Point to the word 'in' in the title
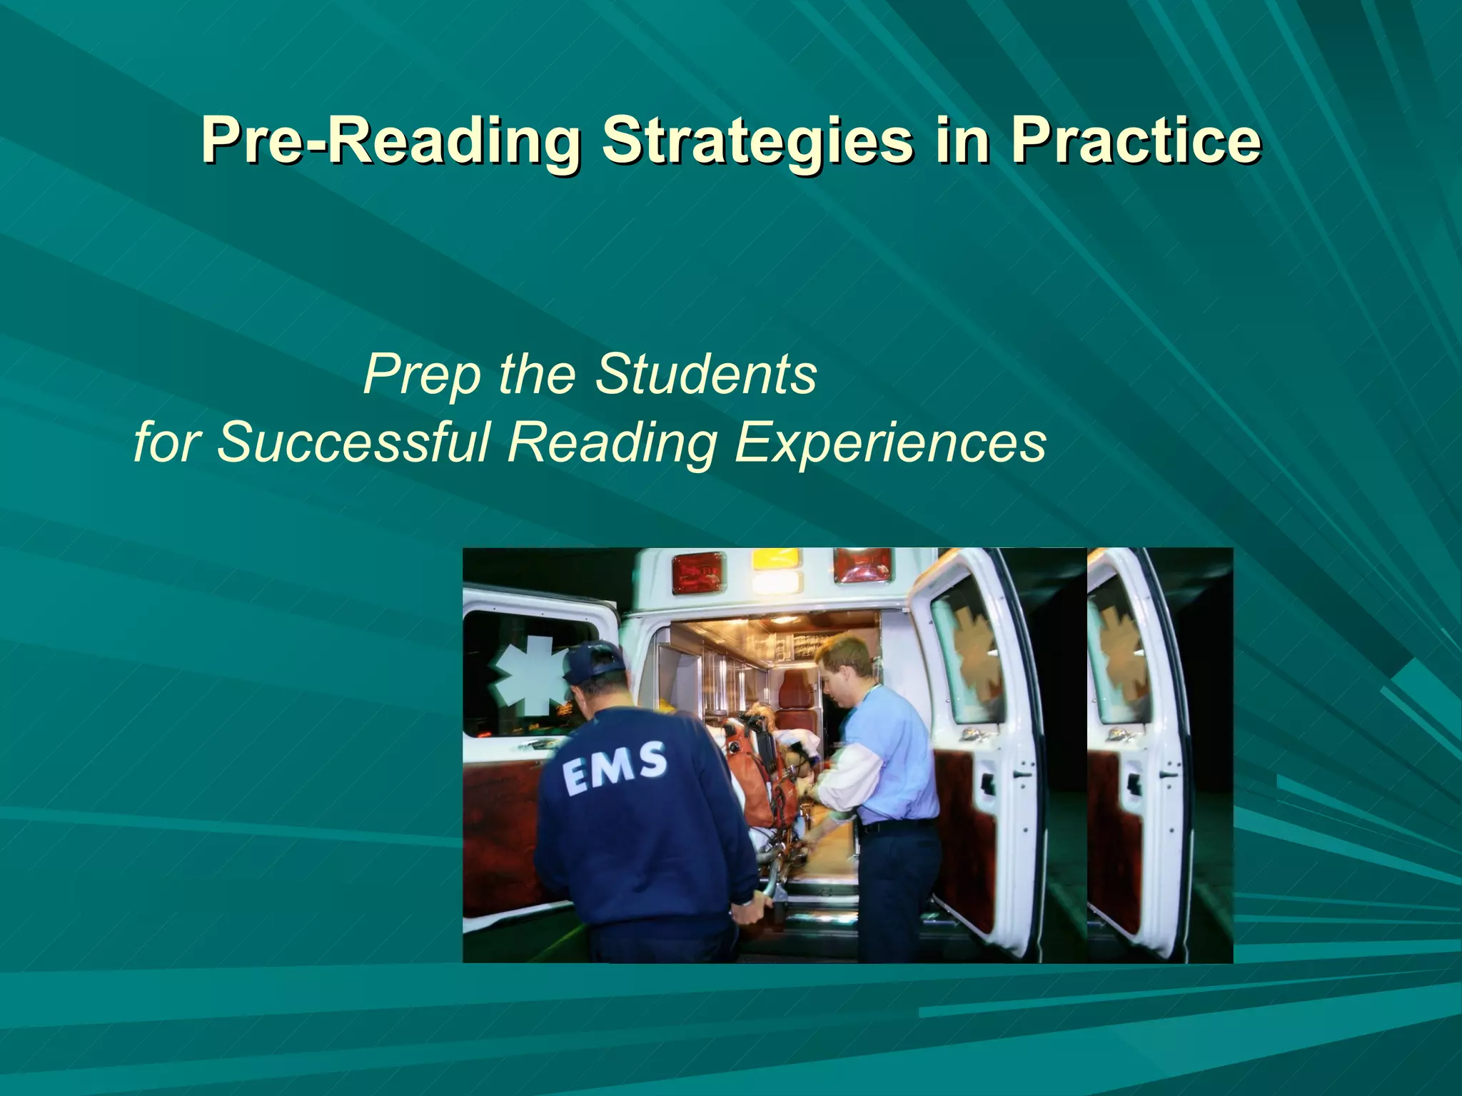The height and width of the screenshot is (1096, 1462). tap(961, 140)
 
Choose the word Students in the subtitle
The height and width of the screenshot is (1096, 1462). tap(705, 374)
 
